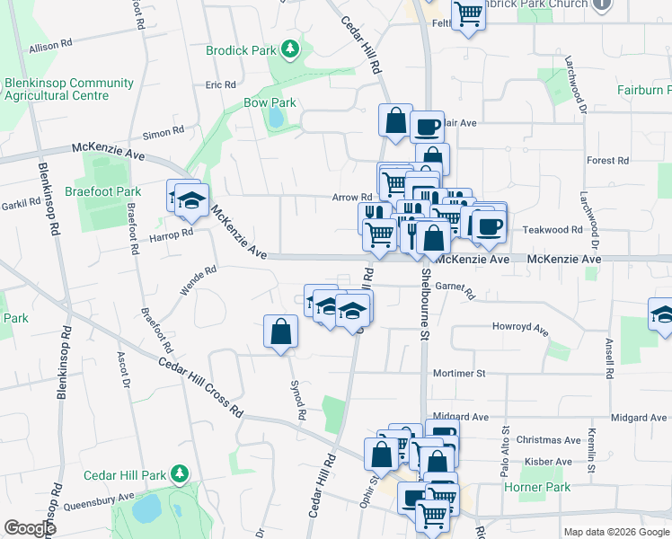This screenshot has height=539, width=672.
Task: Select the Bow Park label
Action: (270, 103)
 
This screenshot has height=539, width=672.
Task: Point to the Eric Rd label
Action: (220, 84)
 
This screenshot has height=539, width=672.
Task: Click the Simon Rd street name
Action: (163, 133)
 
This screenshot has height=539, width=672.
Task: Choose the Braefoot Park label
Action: (103, 191)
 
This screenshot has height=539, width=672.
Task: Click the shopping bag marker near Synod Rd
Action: (281, 331)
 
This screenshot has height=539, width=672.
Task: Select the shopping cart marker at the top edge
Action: (468, 14)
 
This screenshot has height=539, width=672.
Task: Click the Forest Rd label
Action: (607, 161)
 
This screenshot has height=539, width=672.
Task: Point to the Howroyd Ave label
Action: (520, 328)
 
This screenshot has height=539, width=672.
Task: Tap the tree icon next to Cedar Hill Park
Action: (180, 473)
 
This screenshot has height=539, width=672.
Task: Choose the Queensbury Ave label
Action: (93, 499)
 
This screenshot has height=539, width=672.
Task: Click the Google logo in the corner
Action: (30, 528)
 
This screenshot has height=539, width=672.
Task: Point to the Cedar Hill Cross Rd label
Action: (200, 387)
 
